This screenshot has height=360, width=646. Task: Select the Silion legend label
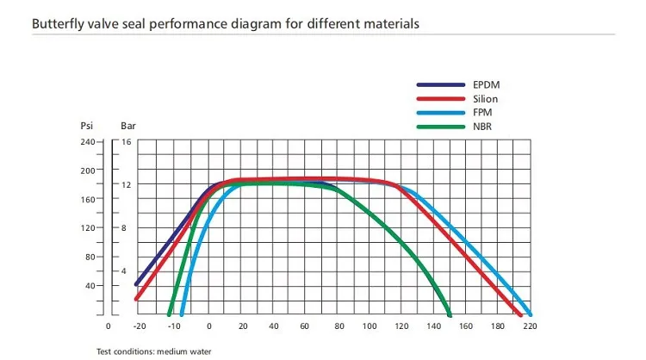coord(487,99)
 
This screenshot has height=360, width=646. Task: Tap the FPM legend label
coord(484,113)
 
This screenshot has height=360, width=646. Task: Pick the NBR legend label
coord(484,127)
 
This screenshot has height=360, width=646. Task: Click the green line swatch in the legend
coord(441,127)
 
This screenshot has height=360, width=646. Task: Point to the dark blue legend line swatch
coord(441,85)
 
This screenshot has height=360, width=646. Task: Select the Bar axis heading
coord(127,126)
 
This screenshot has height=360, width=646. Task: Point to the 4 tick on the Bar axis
coord(124,270)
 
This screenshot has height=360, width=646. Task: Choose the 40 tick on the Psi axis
coord(89,285)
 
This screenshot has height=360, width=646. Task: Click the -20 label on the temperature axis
coord(139,327)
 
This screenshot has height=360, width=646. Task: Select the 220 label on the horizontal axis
coord(531,327)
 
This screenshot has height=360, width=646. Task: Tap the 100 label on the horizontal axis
coord(370,327)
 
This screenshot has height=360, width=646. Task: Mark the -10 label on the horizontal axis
coord(174,327)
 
